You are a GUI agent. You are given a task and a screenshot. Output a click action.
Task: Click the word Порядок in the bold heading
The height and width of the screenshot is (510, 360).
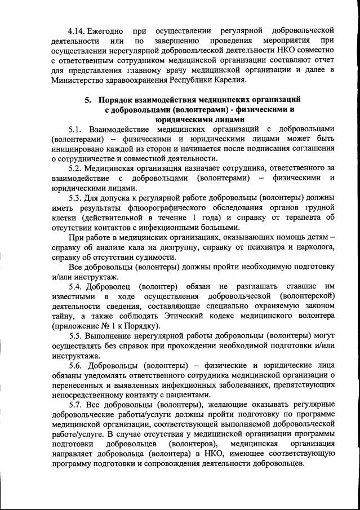click(x=122, y=100)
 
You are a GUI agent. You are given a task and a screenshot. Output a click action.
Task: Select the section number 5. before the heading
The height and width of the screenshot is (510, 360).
click(x=88, y=100)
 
